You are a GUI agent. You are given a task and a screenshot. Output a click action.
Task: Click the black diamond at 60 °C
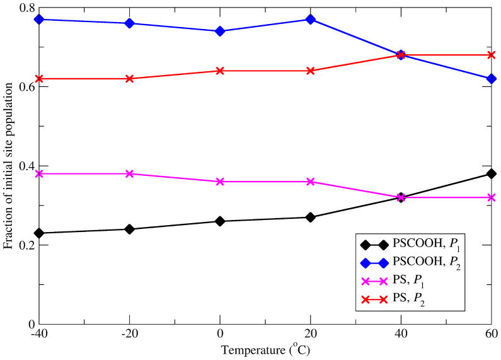(491, 174)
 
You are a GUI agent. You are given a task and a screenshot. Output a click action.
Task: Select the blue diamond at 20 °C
(310, 20)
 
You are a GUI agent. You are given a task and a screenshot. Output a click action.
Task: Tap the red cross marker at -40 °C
(39, 79)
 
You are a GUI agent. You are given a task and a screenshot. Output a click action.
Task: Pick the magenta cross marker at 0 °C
(220, 182)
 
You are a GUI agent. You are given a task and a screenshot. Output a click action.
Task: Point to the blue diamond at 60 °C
(491, 79)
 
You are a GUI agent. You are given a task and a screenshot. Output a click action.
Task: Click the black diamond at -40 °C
(39, 233)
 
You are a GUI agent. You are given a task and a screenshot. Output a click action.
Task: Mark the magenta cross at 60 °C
(491, 197)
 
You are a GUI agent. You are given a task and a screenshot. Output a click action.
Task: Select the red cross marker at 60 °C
(491, 55)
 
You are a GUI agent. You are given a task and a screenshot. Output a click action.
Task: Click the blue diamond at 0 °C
(220, 31)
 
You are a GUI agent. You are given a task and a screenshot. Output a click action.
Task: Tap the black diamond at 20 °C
(310, 218)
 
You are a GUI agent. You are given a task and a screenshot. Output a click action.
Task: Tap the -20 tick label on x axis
(129, 334)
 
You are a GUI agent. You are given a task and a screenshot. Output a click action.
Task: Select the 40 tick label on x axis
(401, 334)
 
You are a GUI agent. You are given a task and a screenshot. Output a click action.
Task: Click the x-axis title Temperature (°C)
(265, 349)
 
